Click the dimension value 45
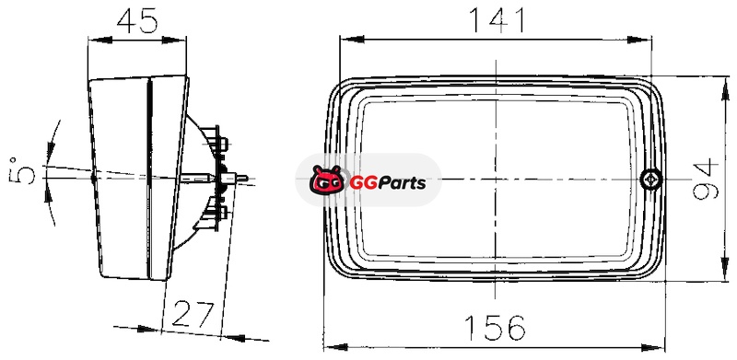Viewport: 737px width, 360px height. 137,21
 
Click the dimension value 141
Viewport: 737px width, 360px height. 497,20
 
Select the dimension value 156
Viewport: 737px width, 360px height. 494,328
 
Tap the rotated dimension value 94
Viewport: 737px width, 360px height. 706,179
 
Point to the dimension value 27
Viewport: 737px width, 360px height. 193,314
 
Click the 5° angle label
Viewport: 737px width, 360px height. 21,170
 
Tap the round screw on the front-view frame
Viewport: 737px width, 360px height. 651,179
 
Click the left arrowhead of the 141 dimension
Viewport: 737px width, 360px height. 352,39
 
